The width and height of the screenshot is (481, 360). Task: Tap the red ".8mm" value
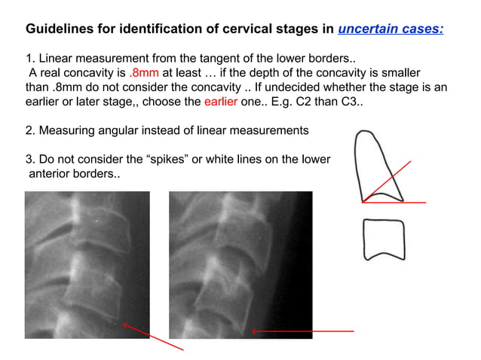click(x=142, y=73)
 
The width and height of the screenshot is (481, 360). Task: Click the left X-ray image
click(x=87, y=264)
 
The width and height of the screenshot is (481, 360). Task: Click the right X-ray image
click(x=240, y=264)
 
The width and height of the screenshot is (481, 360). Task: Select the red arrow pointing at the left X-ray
click(x=153, y=337)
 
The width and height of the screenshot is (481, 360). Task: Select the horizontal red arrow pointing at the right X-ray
click(x=302, y=331)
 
